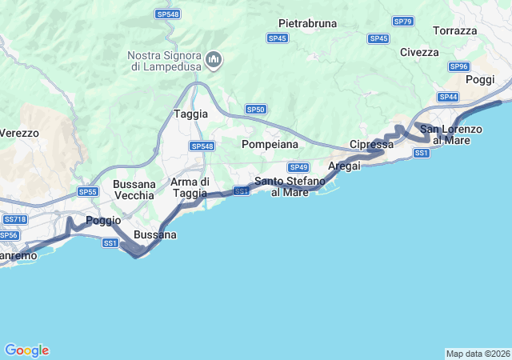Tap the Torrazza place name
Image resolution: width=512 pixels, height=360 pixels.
click(454, 30)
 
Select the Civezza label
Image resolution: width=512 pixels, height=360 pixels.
click(419, 52)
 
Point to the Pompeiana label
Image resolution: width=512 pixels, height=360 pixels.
click(270, 144)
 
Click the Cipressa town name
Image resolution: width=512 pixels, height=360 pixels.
click(372, 145)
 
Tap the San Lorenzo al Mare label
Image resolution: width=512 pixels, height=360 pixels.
click(451, 134)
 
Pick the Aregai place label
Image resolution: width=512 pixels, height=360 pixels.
click(345, 166)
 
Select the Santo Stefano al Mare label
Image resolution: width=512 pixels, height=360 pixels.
click(290, 186)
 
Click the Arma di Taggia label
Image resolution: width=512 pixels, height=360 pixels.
click(190, 187)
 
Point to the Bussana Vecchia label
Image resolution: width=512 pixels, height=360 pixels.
click(134, 190)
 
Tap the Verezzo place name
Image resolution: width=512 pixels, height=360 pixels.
click(19, 134)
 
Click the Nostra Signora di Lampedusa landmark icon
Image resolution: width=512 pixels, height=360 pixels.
click(214, 59)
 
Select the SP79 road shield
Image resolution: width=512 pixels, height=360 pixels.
click(403, 21)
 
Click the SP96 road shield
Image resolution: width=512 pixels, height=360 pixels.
click(458, 67)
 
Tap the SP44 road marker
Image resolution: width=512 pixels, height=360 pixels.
click(448, 97)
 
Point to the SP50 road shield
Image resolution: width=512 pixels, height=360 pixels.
click(255, 109)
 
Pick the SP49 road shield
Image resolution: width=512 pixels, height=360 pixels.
click(298, 167)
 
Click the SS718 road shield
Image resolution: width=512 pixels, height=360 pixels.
click(15, 219)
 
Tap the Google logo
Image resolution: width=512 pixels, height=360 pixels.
click(26, 350)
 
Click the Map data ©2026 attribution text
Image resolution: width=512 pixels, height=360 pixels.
click(478, 354)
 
